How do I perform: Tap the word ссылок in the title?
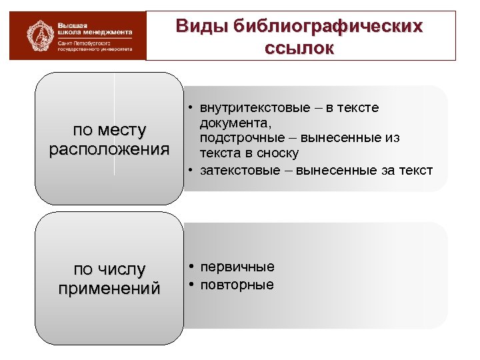click(x=299, y=49)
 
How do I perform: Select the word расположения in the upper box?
click(x=109, y=148)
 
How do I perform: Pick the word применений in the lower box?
click(x=109, y=289)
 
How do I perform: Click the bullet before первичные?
click(x=191, y=267)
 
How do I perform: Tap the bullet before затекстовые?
click(x=191, y=171)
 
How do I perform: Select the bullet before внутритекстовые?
click(x=191, y=108)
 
